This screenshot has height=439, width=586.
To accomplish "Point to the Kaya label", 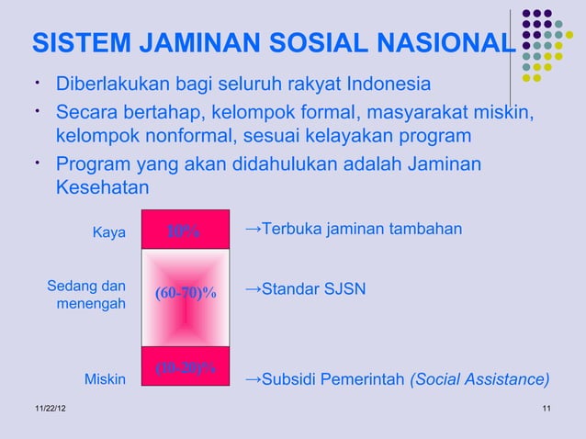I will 109,232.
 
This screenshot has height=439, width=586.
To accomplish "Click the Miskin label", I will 105,378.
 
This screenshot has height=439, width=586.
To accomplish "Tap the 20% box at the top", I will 185,231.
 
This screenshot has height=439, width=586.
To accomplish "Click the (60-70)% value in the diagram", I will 186,293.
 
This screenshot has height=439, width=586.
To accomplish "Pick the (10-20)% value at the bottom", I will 186,368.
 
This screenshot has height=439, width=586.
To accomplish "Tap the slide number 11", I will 547,408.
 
